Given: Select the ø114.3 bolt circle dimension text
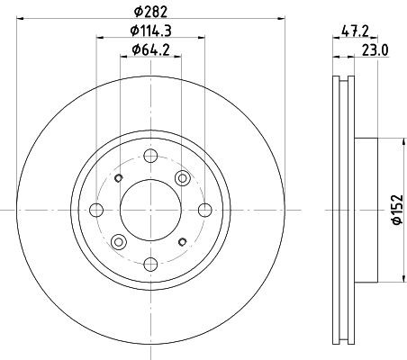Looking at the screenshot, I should click(151, 33).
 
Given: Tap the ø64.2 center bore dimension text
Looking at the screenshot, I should click(151, 53).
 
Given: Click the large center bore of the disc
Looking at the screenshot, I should click(151, 210).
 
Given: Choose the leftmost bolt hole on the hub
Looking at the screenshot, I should click(97, 210).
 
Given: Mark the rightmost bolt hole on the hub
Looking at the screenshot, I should click(206, 210).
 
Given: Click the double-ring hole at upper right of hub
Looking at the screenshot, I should click(185, 176).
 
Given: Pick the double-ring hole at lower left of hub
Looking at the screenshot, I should click(118, 242).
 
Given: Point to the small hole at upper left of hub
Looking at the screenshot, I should click(119, 177).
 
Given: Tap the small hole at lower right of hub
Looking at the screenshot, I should click(184, 241).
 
